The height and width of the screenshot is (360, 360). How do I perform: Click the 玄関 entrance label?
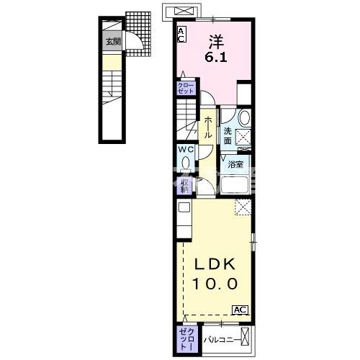(114, 42)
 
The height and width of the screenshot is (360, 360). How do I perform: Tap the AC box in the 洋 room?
(181, 33)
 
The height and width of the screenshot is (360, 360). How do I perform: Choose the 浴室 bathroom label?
(235, 164)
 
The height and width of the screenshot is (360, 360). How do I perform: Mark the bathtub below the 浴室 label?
(233, 186)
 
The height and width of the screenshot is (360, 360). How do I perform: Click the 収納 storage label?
(185, 185)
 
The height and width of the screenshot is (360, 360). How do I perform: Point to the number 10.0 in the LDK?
(213, 284)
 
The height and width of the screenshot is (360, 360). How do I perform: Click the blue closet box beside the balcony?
(185, 337)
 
